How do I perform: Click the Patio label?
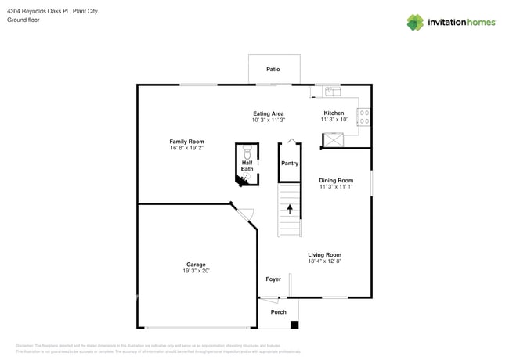[273, 70]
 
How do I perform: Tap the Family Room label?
[186, 142]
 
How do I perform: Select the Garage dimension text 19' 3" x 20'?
[196, 271]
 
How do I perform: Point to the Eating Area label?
[268, 113]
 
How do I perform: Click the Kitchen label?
[334, 113]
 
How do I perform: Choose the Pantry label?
[290, 164]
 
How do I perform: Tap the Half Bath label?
[247, 166]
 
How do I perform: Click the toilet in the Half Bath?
[247, 151]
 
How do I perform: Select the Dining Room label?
[336, 181]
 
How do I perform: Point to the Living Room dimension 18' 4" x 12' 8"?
[324, 261]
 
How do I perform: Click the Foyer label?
[273, 279]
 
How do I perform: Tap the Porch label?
[278, 312]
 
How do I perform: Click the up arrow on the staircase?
[290, 209]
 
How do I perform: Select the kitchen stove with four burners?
[364, 117]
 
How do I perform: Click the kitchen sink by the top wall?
[330, 91]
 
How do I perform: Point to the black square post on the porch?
[294, 324]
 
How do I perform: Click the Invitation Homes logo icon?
[415, 23]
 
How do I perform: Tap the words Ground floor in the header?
[23, 20]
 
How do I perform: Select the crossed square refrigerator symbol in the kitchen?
[333, 140]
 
